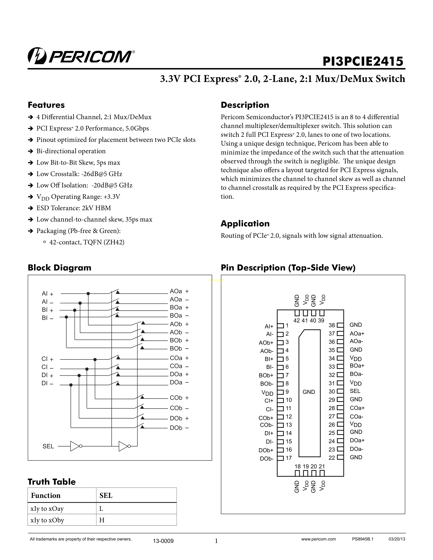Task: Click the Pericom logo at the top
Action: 81,56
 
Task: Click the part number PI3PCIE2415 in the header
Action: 363,62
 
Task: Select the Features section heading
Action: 46,105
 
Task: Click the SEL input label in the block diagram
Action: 48,446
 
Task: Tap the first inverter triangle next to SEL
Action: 75,446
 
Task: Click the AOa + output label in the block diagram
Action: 179,291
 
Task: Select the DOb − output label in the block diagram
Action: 179,428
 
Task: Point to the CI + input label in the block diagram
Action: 47,359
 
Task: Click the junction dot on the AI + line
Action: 88,294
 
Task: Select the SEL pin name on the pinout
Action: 355,391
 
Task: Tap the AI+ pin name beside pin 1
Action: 269,326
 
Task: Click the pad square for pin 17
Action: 281,458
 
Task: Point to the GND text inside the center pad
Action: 309,392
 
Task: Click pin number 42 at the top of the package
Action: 297,321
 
